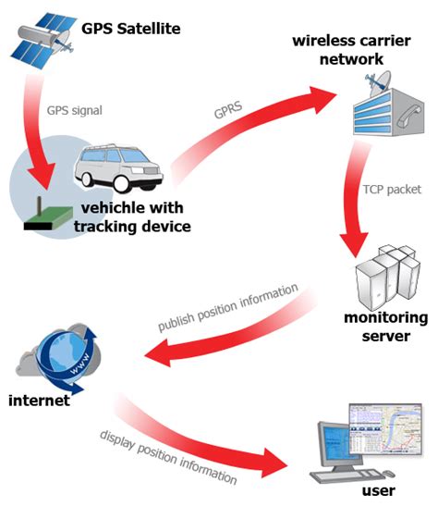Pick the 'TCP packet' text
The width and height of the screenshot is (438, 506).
[393, 189]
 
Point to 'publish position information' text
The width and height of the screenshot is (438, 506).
[227, 309]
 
